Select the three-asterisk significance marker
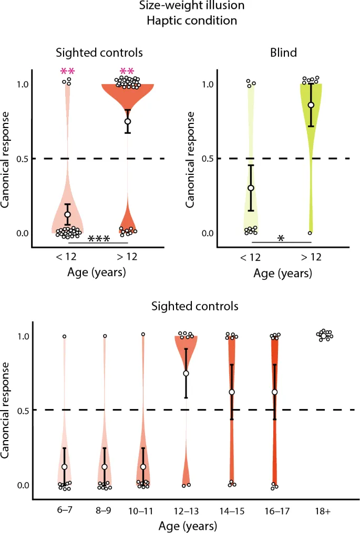tap(99, 239)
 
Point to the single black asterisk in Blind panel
tap(281, 238)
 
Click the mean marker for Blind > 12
tap(311, 105)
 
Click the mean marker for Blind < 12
tap(251, 188)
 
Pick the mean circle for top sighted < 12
tap(67, 214)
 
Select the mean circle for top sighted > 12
tap(127, 121)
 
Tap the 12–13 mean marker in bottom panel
tap(186, 373)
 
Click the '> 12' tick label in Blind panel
tap(311, 257)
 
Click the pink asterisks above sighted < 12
tap(67, 71)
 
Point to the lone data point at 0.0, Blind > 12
tap(310, 233)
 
